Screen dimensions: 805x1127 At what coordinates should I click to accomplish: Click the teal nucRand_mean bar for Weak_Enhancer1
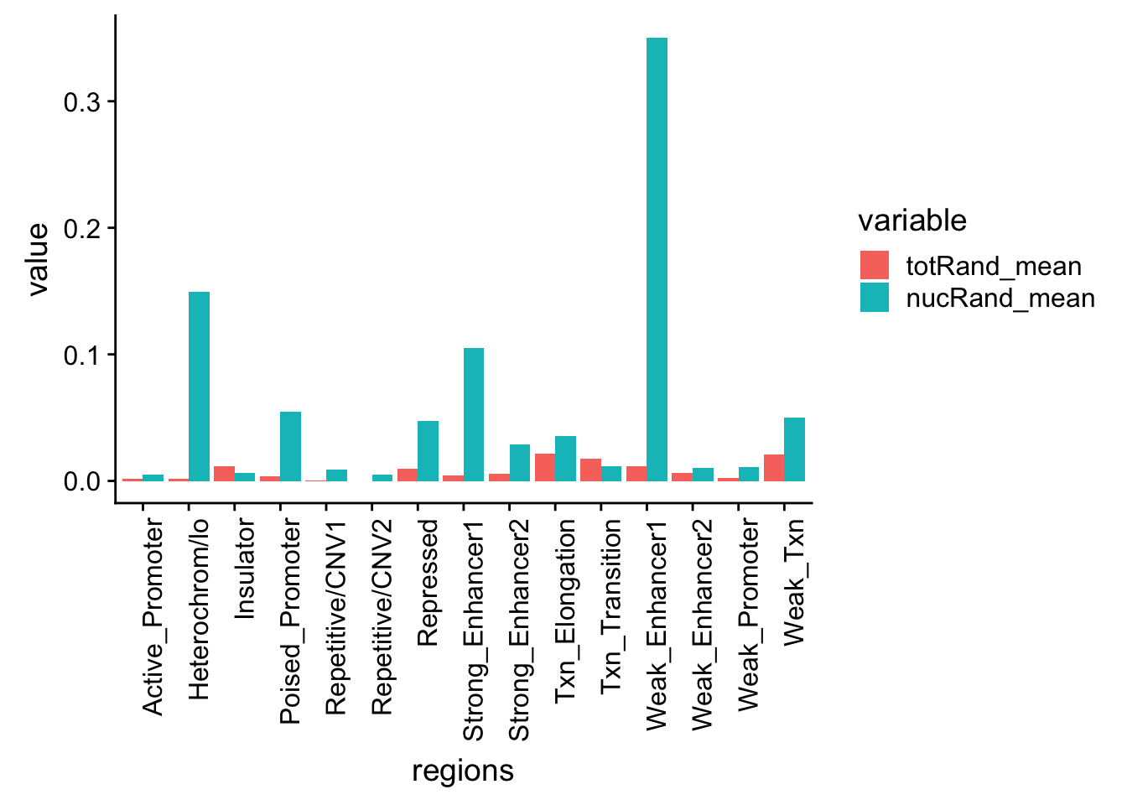tap(657, 259)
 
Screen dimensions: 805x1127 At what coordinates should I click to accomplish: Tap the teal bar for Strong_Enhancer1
tap(474, 414)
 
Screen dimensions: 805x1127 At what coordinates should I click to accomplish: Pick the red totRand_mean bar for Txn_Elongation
tap(545, 467)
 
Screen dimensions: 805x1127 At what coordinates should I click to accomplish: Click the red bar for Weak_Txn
tap(774, 468)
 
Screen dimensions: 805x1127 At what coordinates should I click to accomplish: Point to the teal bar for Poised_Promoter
tap(290, 446)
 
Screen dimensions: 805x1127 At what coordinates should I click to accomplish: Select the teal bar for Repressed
tap(428, 450)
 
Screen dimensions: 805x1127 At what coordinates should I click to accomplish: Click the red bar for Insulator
tap(224, 474)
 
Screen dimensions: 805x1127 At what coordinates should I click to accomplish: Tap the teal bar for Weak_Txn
tap(794, 449)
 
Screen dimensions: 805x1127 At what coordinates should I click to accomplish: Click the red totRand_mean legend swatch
tap(875, 266)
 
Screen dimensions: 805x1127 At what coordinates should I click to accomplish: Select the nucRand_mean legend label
tap(1000, 299)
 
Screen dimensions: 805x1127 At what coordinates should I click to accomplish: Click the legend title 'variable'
tap(912, 221)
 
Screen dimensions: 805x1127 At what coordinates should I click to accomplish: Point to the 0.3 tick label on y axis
tap(81, 101)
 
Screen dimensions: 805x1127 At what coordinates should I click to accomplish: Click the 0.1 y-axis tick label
tap(81, 355)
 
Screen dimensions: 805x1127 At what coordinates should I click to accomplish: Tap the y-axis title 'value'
tap(38, 259)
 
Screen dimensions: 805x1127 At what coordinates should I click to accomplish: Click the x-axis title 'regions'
tap(463, 771)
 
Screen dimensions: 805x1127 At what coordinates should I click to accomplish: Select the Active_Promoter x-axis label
tap(153, 616)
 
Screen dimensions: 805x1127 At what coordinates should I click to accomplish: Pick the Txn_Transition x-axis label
tap(611, 605)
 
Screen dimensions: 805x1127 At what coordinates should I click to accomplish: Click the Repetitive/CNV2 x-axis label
tap(382, 616)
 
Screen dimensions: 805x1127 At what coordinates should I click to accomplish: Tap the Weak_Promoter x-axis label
tap(748, 614)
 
